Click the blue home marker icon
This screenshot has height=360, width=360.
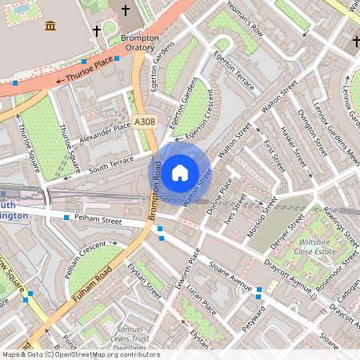pyautogui.click(x=180, y=172)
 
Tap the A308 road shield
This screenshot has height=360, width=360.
pyautogui.click(x=146, y=122)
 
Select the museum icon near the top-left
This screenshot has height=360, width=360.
pyautogui.click(x=51, y=26)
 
